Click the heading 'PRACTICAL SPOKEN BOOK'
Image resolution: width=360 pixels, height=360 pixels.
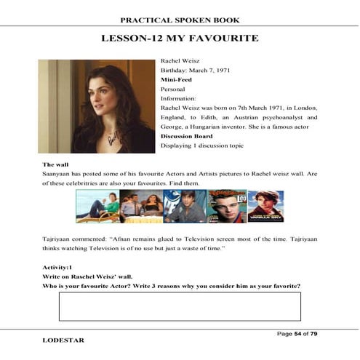pyautogui.click(x=180, y=20)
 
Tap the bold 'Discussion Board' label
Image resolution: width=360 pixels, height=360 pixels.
pyautogui.click(x=191, y=135)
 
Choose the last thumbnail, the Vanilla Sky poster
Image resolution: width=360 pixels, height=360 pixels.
pyautogui.click(x=265, y=207)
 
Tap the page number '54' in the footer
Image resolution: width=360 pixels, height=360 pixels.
pyautogui.click(x=297, y=333)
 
